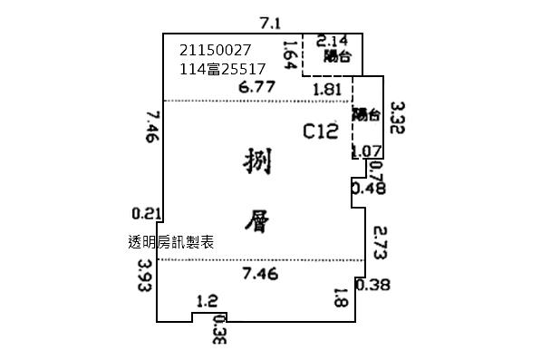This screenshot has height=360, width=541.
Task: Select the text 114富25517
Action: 223,69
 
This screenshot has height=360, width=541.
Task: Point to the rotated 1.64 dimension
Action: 291,54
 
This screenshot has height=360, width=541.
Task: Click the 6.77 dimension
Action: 256,88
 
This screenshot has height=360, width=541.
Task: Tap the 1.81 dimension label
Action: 326,89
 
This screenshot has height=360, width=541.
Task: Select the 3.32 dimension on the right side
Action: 395,118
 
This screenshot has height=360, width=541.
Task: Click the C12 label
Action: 320,132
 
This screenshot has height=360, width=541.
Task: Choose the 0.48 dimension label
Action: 368,189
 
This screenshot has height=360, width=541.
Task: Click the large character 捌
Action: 259,163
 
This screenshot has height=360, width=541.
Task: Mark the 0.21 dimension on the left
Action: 146,214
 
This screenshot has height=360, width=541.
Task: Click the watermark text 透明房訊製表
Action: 171,242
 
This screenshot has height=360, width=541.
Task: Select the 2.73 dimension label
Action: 381,244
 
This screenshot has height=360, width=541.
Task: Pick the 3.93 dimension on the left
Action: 143,278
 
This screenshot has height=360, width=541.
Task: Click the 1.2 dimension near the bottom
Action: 208,300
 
